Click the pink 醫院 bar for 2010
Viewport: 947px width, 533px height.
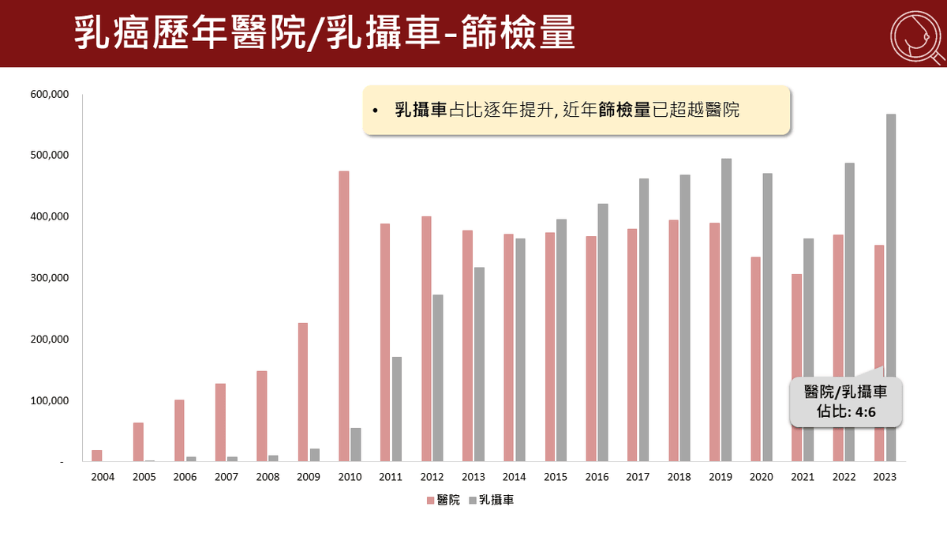coord(344,316)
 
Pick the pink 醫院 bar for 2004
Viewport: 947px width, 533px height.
coord(97,456)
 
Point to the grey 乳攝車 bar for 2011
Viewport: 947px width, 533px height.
coord(397,409)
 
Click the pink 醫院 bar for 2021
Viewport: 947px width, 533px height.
coord(797,367)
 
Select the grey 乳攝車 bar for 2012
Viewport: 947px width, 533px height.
coord(438,377)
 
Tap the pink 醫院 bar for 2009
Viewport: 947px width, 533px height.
coord(303,392)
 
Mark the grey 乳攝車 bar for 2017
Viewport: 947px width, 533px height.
coord(644,320)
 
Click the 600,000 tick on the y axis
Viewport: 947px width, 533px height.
coord(50,94)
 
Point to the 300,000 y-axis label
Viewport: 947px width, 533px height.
coord(50,278)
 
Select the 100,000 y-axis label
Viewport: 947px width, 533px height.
coord(50,401)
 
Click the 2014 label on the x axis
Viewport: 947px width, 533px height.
coord(515,477)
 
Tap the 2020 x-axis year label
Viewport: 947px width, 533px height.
coord(762,477)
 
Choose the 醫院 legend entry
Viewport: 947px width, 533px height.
coord(444,500)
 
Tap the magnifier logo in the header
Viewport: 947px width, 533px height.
coord(915,34)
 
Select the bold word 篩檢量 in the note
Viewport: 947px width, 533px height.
coord(625,111)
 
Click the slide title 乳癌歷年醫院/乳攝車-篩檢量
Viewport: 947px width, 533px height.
coord(324,34)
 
